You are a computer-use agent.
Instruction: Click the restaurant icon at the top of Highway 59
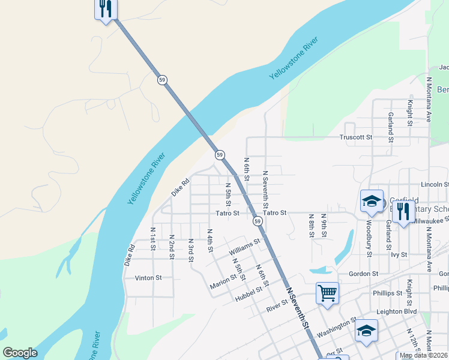tap(106, 8)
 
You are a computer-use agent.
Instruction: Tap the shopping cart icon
tap(327, 293)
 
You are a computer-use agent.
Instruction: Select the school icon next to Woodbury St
tap(372, 202)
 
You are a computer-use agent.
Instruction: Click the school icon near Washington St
tap(366, 331)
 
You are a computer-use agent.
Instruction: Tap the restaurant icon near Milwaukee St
tap(403, 211)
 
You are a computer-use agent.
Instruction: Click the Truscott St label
tap(356, 137)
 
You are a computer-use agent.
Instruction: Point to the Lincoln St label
tap(435, 184)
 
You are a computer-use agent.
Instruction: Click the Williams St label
tap(244, 245)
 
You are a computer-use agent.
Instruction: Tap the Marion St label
tap(223, 281)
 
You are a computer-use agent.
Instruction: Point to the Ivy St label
tap(399, 254)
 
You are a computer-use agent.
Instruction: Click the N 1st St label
tap(153, 239)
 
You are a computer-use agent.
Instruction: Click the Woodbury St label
tap(368, 238)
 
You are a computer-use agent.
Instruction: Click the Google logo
tap(20, 353)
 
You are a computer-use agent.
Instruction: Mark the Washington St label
tap(336, 328)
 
